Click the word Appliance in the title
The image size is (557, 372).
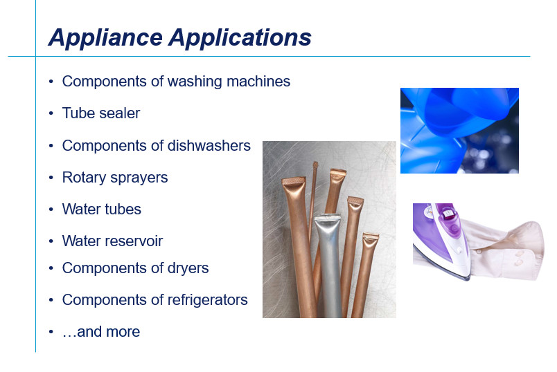(x=105, y=38)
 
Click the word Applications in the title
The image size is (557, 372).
(x=240, y=38)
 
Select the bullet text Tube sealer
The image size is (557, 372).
(x=101, y=113)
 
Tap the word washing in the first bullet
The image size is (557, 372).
(x=195, y=82)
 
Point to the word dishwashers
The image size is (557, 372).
(x=209, y=145)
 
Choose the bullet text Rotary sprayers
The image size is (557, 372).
(x=115, y=178)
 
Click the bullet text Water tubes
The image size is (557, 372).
(x=102, y=210)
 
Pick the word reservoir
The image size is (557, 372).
(x=136, y=241)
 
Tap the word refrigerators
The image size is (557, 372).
(x=207, y=300)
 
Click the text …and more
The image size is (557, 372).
(x=101, y=332)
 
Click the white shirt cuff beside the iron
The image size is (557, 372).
(x=508, y=250)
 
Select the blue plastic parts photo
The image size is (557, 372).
(x=459, y=131)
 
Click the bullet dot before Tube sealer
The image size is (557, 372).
(x=51, y=113)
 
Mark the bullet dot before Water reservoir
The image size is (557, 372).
(x=51, y=241)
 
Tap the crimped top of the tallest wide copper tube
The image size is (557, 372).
(x=294, y=181)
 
